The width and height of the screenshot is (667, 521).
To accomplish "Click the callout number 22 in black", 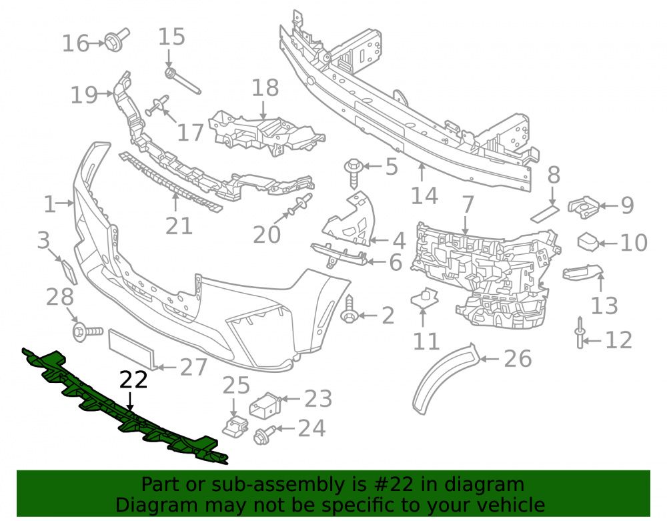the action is (x=133, y=380).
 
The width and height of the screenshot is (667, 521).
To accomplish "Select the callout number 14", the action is (x=424, y=196).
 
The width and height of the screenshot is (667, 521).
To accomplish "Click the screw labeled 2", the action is (x=350, y=310).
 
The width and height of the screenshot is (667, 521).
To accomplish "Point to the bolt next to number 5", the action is (x=354, y=172).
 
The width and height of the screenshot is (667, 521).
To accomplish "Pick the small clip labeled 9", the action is (x=583, y=207).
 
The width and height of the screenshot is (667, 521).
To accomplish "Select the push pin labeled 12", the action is (x=580, y=333).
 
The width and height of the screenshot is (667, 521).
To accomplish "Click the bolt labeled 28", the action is (x=87, y=332).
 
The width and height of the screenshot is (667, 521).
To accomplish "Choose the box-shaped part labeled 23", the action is (x=265, y=406).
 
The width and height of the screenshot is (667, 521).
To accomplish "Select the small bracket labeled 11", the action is (x=424, y=298).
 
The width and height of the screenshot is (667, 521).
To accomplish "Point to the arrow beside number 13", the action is (x=600, y=283).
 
